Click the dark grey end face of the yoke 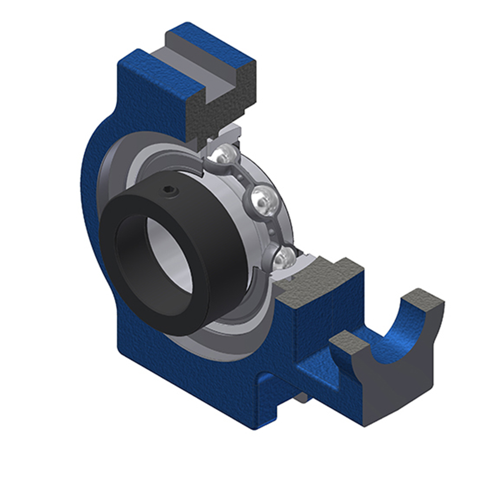[x=394, y=389]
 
